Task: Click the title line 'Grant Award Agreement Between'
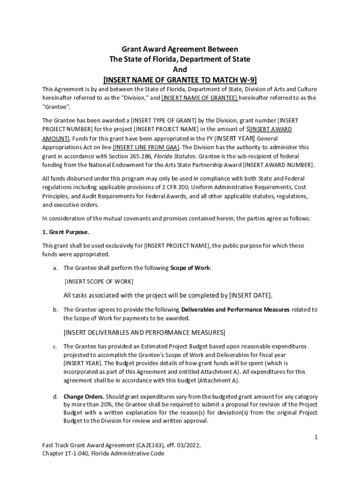tap(180, 49)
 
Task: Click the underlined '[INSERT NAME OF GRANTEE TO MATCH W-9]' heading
tap(180, 79)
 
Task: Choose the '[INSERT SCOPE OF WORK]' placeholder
tap(99, 281)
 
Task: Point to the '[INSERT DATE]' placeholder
tap(250, 295)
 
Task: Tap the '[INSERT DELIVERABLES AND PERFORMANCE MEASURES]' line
tap(144, 333)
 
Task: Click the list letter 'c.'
tap(55, 347)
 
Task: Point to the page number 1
tap(316, 437)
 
